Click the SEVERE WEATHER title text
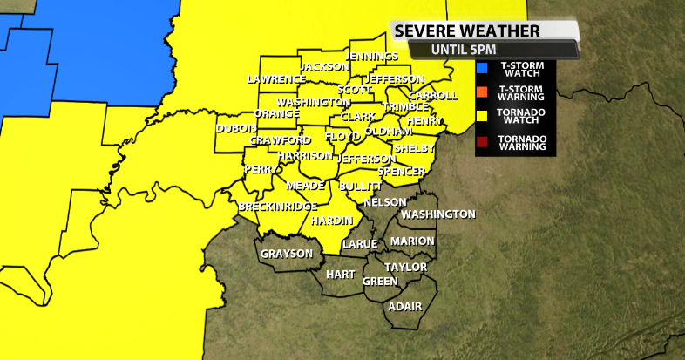point(467,31)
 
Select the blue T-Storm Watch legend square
point(482,68)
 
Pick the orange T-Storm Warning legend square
point(482,92)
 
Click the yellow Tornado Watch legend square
point(482,116)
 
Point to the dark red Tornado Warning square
point(482,140)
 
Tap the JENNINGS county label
point(372,56)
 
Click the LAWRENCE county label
point(276,78)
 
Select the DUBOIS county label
point(236,128)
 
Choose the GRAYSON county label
point(287,254)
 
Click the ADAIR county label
point(405,307)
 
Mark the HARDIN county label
point(331,220)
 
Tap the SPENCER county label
point(401,171)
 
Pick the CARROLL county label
point(432,95)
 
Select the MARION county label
point(412,241)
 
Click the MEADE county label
point(305,185)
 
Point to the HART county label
point(340,275)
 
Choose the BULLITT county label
point(360,187)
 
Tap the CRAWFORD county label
point(280,140)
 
